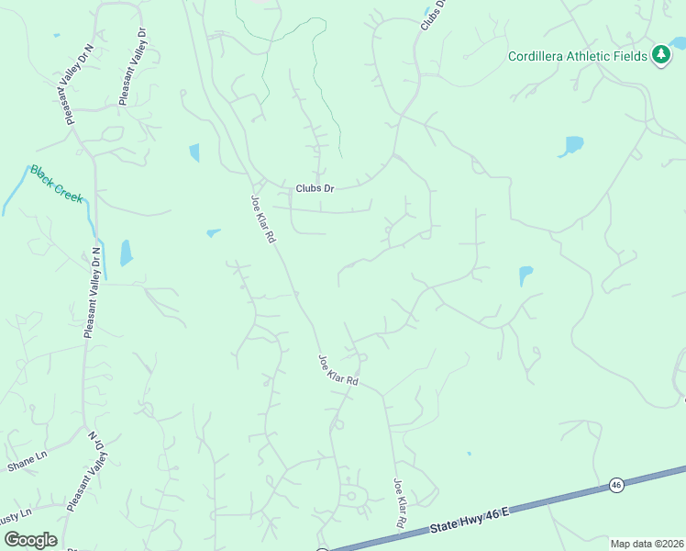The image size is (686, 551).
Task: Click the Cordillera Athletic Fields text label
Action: pyautogui.click(x=579, y=56)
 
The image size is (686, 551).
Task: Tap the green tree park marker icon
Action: pyautogui.click(x=660, y=56)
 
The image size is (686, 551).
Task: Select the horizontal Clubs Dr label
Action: pyautogui.click(x=315, y=188)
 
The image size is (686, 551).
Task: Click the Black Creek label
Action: pyautogui.click(x=56, y=183)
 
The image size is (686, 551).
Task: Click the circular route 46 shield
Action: pyautogui.click(x=616, y=484)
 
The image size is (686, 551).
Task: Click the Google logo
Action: pyautogui.click(x=31, y=540)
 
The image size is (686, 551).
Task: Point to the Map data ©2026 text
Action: pyautogui.click(x=647, y=544)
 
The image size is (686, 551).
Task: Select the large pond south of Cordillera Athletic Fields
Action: pyautogui.click(x=570, y=146)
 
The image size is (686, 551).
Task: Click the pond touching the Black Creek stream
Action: pyautogui.click(x=126, y=253)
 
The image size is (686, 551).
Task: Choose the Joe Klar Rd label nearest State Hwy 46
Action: pyautogui.click(x=400, y=501)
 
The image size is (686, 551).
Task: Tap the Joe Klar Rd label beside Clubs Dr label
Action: pyautogui.click(x=264, y=218)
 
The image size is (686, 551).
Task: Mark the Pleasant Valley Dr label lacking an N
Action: pyautogui.click(x=134, y=67)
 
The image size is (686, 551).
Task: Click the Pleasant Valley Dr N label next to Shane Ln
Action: pyautogui.click(x=85, y=473)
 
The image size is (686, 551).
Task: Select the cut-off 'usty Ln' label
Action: pyautogui.click(x=16, y=512)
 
